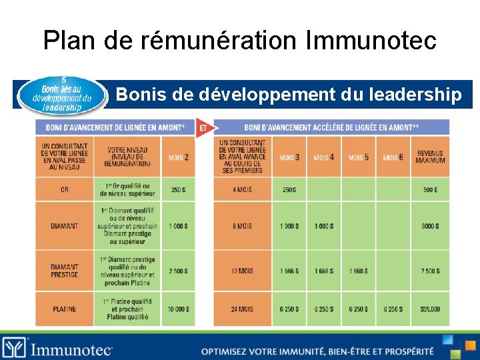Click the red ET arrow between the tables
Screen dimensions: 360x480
(x=203, y=127)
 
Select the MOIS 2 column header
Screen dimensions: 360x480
(x=178, y=157)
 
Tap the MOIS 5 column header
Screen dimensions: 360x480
(x=358, y=157)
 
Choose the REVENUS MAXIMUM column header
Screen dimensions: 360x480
(x=430, y=157)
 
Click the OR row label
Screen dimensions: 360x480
(x=64, y=190)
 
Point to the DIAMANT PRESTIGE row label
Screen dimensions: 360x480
(x=64, y=271)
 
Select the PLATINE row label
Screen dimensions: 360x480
(x=64, y=309)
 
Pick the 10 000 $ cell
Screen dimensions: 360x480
(x=178, y=309)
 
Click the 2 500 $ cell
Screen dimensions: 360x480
(x=178, y=271)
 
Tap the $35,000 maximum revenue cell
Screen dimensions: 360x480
(x=430, y=309)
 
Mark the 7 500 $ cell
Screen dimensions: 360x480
(x=430, y=271)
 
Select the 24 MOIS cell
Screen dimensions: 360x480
(x=242, y=309)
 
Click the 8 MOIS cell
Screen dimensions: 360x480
(x=242, y=226)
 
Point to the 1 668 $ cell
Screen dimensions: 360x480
(x=358, y=271)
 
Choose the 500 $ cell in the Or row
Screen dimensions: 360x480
(x=430, y=190)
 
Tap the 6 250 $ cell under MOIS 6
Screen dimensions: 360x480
(x=393, y=309)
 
